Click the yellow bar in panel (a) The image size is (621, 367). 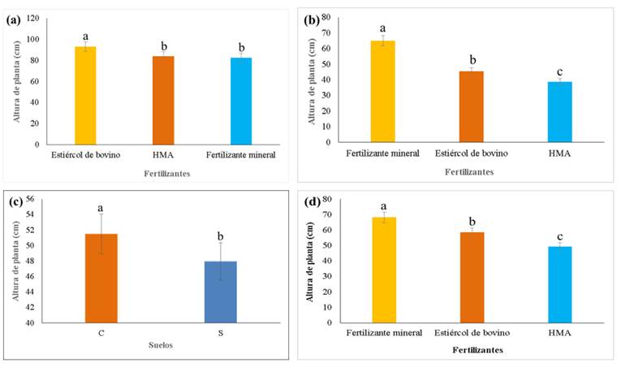tap(85, 95)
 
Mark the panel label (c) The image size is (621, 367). tap(13, 201)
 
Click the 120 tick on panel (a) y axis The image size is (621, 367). tap(33, 17)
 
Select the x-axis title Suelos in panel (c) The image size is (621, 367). tap(159, 344)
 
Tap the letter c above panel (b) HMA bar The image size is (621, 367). tap(559, 71)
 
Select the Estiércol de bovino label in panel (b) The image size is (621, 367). tap(471, 153)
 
